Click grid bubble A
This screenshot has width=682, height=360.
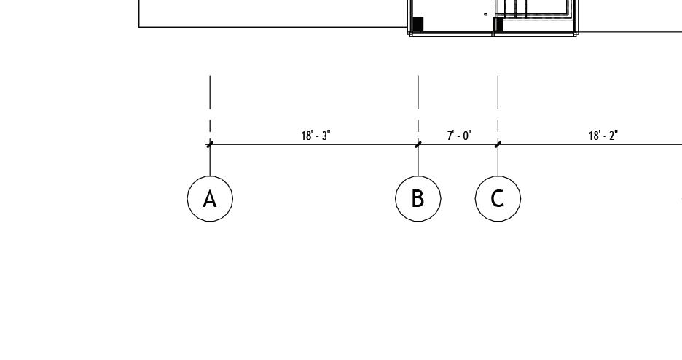pyautogui.click(x=210, y=198)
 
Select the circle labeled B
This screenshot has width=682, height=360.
pyautogui.click(x=418, y=198)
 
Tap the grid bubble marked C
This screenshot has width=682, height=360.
pyautogui.click(x=498, y=198)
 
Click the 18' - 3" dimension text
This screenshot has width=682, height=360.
pyautogui.click(x=315, y=136)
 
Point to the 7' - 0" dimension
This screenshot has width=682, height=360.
pyautogui.click(x=459, y=136)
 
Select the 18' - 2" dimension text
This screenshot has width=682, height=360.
pyautogui.click(x=603, y=136)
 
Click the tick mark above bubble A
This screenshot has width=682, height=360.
pyautogui.click(x=210, y=144)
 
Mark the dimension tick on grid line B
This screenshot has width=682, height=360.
pyautogui.click(x=418, y=144)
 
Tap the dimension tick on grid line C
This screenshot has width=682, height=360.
pyautogui.click(x=498, y=144)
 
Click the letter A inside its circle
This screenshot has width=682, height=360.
pyautogui.click(x=210, y=199)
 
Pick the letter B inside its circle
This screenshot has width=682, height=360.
pyautogui.click(x=418, y=198)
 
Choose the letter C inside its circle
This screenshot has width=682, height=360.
pyautogui.click(x=498, y=198)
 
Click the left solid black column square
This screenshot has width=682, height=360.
pyautogui.click(x=418, y=24)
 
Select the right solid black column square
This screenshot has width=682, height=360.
pyautogui.click(x=498, y=25)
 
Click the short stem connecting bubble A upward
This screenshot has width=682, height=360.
pyautogui.click(x=210, y=162)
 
